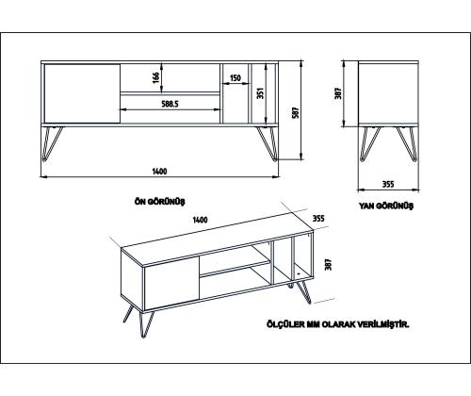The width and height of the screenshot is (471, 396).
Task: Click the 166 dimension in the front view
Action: [x=155, y=77]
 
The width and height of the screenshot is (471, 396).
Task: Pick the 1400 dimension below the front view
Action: [x=160, y=171]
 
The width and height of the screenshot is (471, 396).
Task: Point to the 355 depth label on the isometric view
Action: [x=317, y=218]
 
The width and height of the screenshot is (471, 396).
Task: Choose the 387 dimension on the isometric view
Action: [x=328, y=267]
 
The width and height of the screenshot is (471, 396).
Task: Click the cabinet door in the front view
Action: [x=81, y=93]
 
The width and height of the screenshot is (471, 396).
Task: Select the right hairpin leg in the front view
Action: [x=265, y=140]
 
